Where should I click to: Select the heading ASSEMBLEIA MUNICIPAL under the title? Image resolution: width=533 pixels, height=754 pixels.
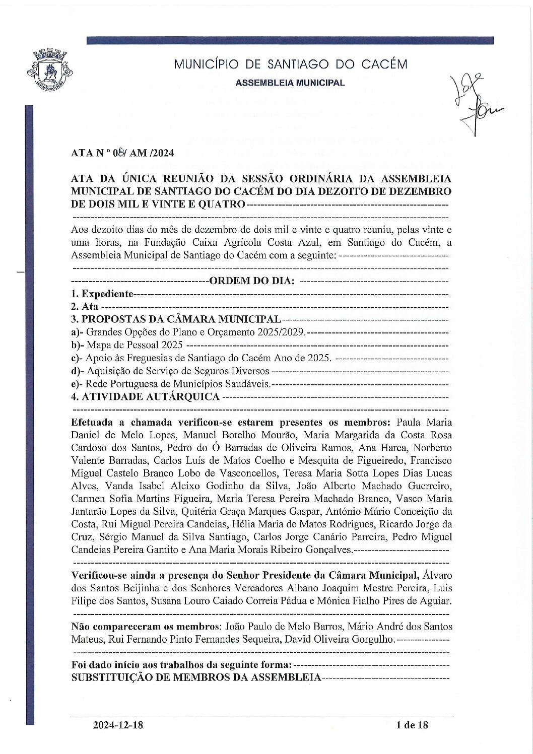[x=290, y=83]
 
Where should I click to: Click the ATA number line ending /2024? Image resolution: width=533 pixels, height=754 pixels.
[x=122, y=153]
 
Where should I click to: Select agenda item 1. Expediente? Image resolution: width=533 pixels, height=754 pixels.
[x=102, y=294]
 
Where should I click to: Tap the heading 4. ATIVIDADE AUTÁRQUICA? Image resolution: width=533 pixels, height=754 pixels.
[x=146, y=397]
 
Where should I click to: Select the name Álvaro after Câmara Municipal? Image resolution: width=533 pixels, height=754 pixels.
[x=438, y=575]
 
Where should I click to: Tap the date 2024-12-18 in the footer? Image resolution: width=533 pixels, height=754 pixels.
[x=118, y=725]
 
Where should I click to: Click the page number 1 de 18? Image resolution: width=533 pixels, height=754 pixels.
[x=412, y=725]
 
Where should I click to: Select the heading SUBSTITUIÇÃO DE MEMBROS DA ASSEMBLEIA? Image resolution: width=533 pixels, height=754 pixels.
[x=196, y=677]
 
